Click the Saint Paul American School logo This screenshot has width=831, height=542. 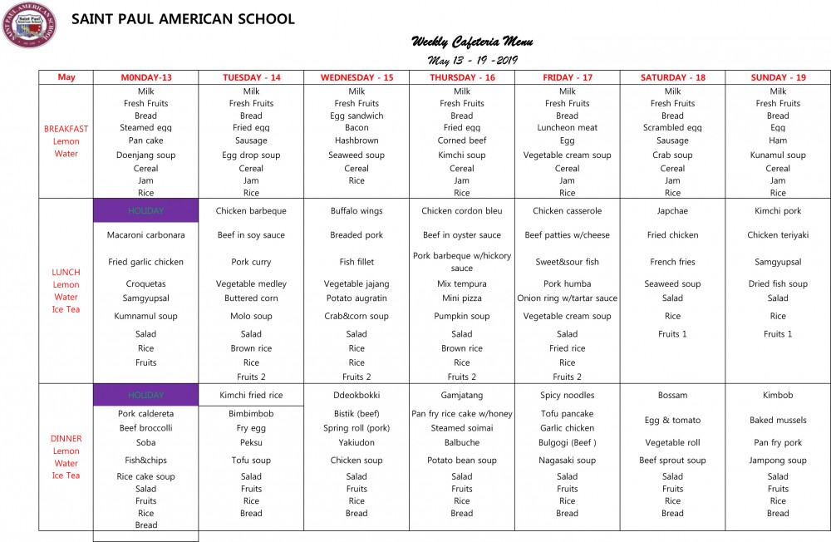[29, 24]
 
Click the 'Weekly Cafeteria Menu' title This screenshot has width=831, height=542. [472, 42]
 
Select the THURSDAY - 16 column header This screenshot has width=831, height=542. [462, 77]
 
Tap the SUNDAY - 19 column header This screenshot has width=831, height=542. [778, 77]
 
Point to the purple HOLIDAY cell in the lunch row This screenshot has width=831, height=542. [145, 211]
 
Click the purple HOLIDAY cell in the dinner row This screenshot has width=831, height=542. [145, 396]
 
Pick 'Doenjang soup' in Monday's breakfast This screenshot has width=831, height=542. [145, 155]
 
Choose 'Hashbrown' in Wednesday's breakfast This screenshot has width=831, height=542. [356, 140]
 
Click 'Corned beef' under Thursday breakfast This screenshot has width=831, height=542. [462, 140]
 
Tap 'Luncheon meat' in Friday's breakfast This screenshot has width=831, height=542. [568, 128]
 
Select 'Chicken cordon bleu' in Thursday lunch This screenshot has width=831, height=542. [462, 211]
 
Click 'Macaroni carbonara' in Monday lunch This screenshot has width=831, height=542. [145, 235]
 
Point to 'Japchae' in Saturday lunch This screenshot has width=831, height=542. [672, 211]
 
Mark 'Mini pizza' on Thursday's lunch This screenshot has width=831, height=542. [462, 298]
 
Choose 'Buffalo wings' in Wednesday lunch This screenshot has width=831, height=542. [356, 211]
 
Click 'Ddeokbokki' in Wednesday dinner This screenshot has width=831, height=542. [356, 396]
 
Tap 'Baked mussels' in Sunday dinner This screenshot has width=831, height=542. [778, 421]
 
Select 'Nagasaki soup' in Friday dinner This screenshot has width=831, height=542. [568, 461]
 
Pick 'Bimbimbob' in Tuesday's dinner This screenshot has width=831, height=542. [251, 413]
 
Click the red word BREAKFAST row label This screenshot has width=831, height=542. [66, 129]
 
